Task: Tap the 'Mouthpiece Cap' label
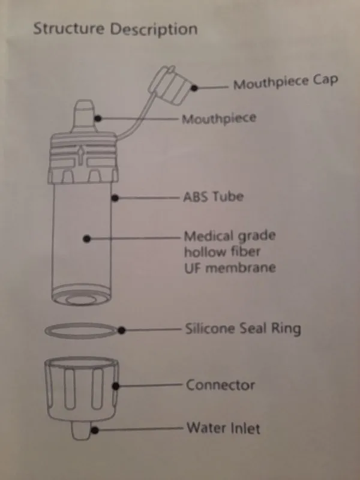(x=285, y=83)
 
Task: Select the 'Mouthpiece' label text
(x=219, y=118)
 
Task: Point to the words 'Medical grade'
(x=229, y=235)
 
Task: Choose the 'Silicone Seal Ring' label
(x=242, y=329)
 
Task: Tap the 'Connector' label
(x=220, y=385)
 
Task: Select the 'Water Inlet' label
(x=223, y=428)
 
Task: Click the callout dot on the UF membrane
(x=87, y=238)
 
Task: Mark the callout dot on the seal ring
(x=122, y=329)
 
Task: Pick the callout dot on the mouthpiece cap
(x=196, y=87)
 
